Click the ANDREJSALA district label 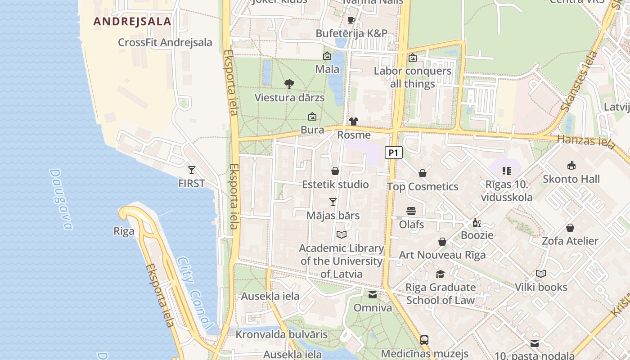(x=132, y=22)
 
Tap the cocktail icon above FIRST (x=192, y=170)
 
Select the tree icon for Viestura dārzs (x=289, y=84)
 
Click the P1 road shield (x=393, y=153)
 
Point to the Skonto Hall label (x=571, y=179)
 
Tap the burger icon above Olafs (x=411, y=211)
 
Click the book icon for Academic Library (x=342, y=235)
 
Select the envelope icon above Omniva (x=373, y=295)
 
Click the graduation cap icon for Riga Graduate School (x=440, y=274)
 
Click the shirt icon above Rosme (x=354, y=121)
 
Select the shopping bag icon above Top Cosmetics (x=423, y=173)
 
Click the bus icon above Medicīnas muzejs (x=424, y=340)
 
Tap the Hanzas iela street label (x=585, y=141)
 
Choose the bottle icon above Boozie (x=477, y=222)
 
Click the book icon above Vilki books (x=541, y=274)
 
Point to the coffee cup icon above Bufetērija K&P (x=351, y=20)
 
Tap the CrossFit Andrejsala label (x=165, y=42)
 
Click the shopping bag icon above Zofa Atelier (x=570, y=228)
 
